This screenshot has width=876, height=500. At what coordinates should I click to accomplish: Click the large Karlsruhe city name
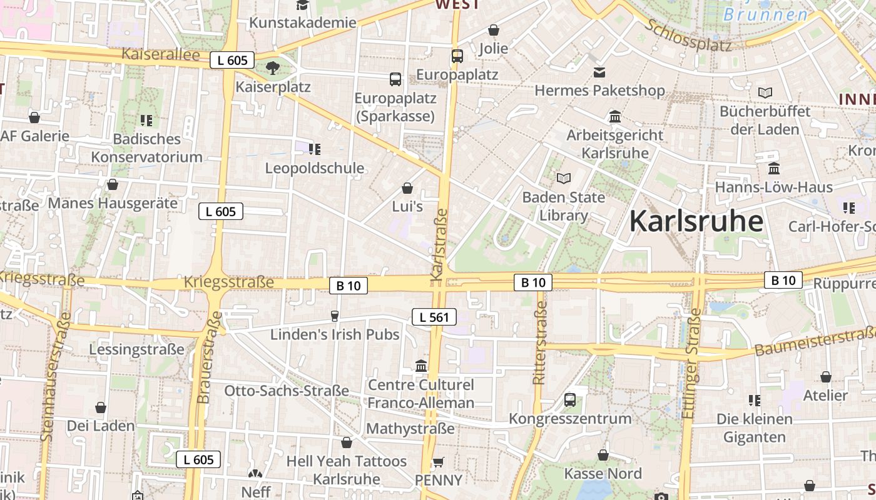point(696,221)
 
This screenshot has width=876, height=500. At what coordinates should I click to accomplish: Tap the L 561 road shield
point(434,317)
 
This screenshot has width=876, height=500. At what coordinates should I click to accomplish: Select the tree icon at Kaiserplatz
point(272,68)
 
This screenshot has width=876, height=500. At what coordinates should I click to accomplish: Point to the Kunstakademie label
point(302,22)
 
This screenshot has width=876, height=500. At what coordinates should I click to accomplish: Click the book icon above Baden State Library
point(564,178)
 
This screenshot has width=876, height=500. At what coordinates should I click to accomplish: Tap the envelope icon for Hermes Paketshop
point(599,72)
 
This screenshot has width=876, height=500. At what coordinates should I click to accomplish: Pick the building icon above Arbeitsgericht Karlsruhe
point(614,117)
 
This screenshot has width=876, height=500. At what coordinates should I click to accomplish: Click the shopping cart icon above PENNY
point(439,462)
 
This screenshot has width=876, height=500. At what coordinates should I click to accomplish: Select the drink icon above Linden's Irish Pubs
point(334,316)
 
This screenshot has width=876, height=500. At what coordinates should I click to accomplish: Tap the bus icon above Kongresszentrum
point(569,399)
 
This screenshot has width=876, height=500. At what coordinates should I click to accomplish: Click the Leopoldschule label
point(315,168)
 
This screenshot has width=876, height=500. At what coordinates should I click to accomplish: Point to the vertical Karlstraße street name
point(440,244)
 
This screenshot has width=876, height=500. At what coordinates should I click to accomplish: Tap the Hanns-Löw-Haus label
point(773,187)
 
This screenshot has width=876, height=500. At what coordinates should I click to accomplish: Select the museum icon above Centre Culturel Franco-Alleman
point(421,366)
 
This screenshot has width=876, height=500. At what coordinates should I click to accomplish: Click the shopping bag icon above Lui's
point(407,188)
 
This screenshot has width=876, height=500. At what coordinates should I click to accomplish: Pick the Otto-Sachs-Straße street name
point(287,391)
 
